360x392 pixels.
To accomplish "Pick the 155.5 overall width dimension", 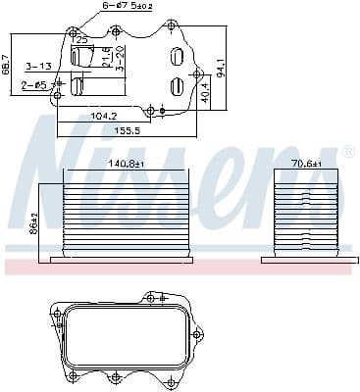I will click(126, 129).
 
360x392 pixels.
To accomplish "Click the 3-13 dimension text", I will click(38, 67).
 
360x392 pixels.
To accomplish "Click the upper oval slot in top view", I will click(176, 57).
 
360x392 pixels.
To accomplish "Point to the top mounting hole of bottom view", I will click(149, 297).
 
